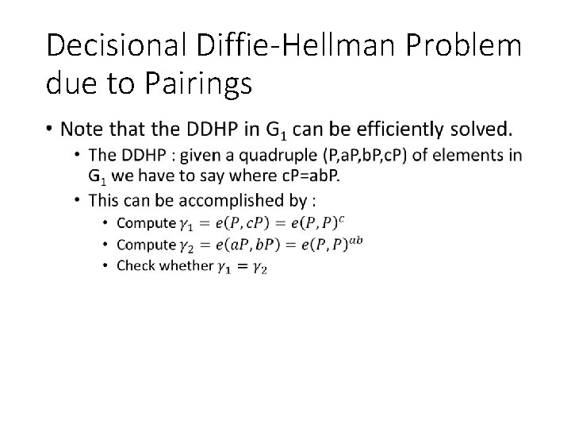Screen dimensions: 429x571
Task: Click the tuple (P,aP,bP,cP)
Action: pyautogui.click(x=396, y=154)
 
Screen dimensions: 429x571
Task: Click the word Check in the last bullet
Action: pyautogui.click(x=135, y=266)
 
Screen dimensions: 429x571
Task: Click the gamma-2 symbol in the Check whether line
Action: pyautogui.click(x=259, y=268)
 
